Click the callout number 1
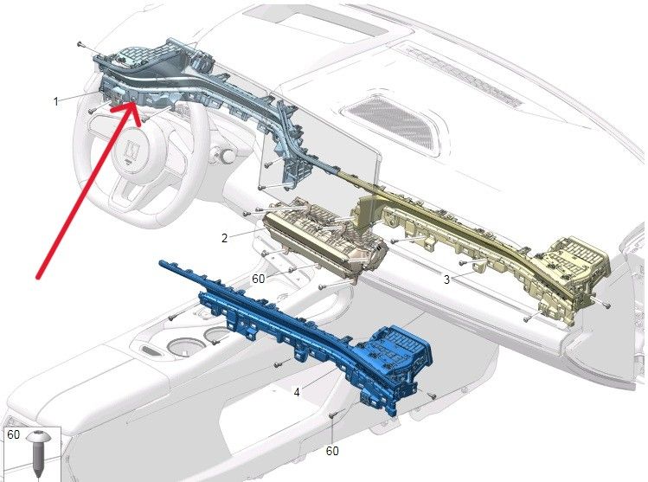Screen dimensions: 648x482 click(x=55, y=101)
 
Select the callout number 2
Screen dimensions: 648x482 click(x=224, y=238)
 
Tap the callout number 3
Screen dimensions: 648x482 click(x=446, y=280)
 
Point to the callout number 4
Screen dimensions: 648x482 click(x=297, y=392)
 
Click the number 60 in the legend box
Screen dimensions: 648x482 click(x=13, y=434)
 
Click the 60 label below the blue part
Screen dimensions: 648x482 click(x=332, y=451)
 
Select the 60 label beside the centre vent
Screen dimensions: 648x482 click(x=259, y=279)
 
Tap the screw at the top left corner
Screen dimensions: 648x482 click(x=80, y=45)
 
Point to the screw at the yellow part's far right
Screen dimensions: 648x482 click(x=606, y=305)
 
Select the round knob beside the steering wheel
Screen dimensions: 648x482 click(x=226, y=156)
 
